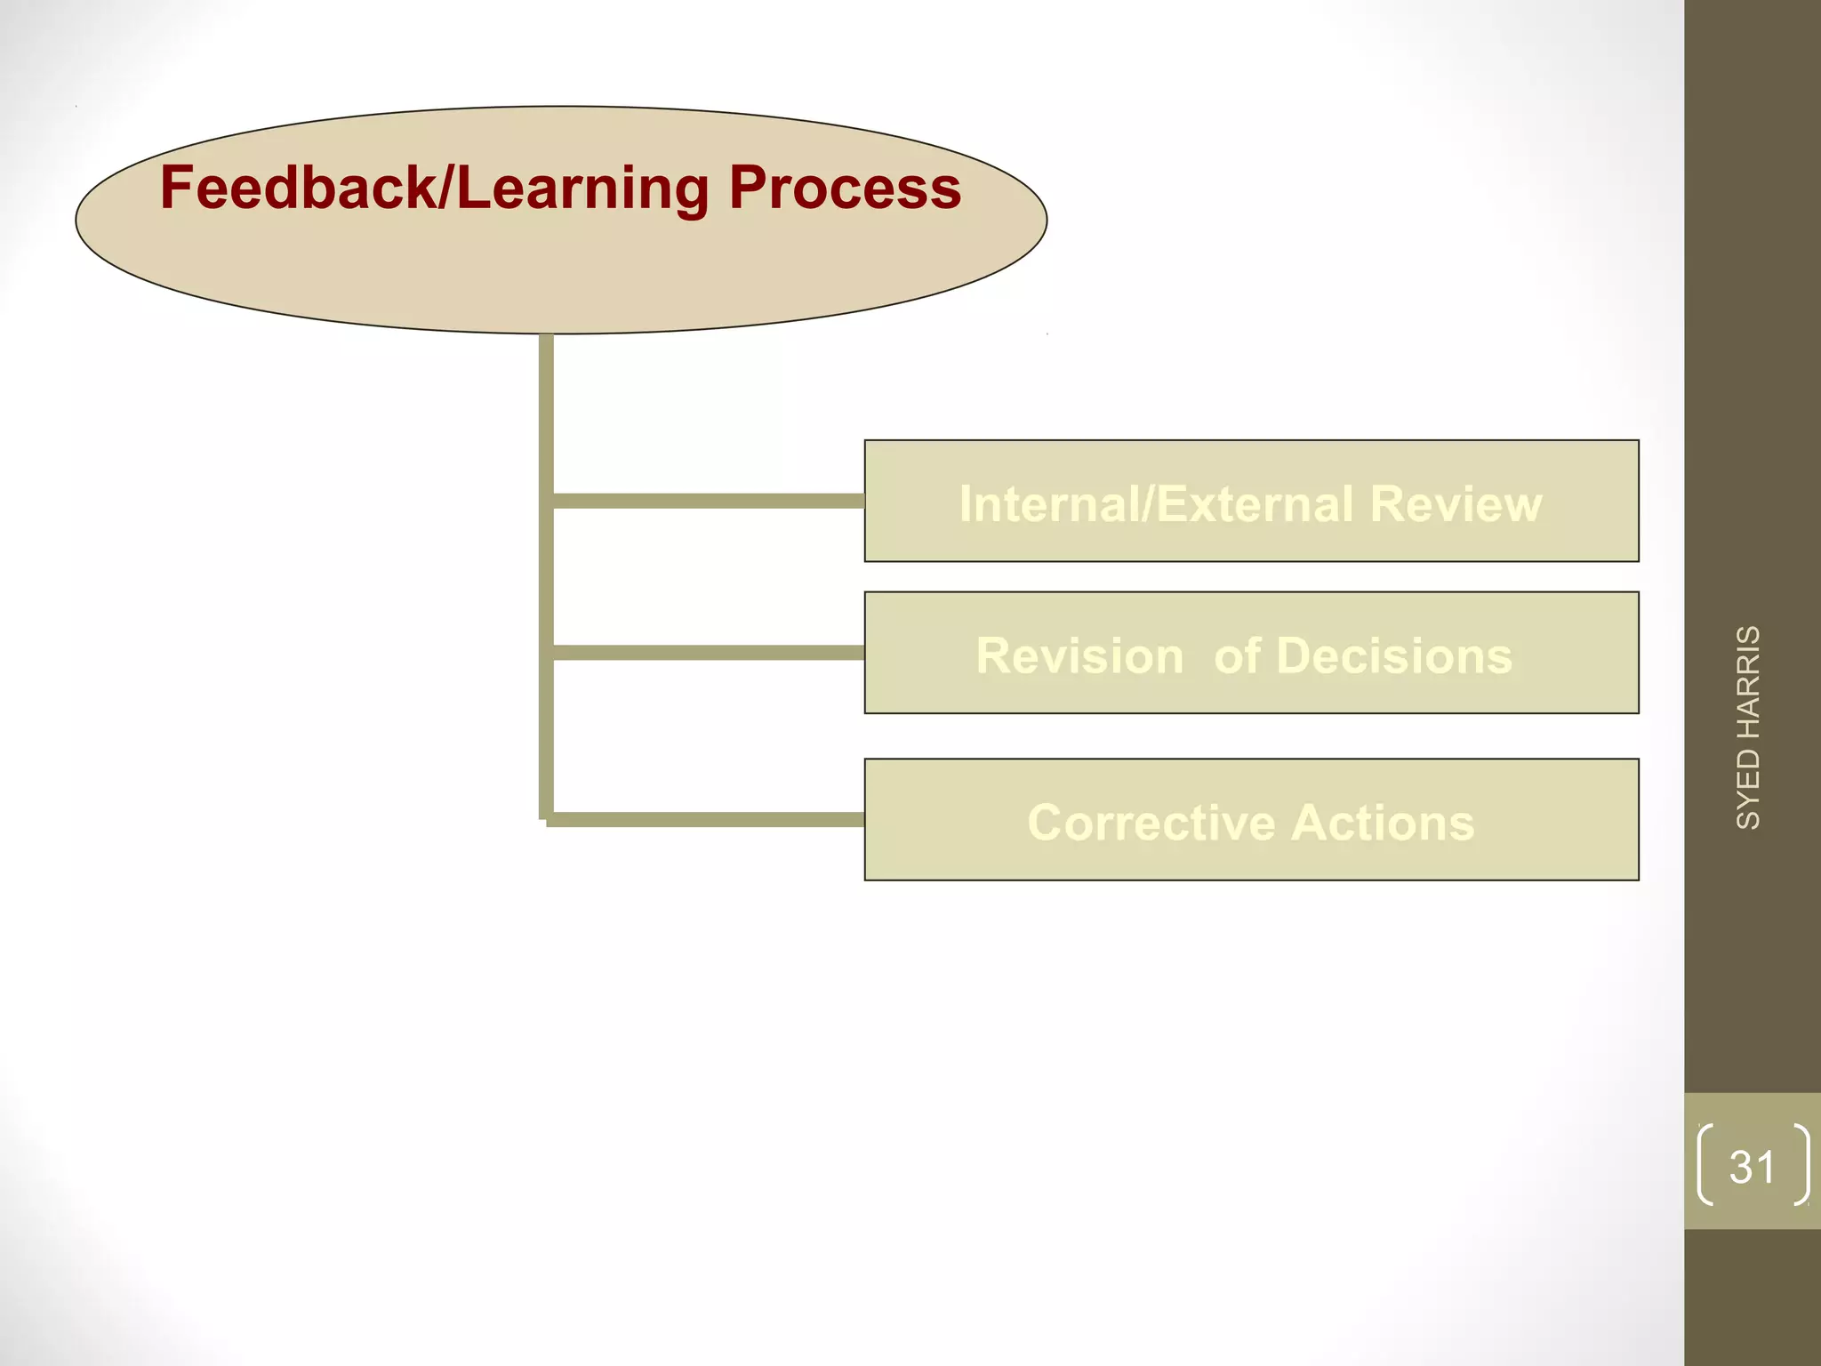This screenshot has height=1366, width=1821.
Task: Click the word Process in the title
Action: pyautogui.click(x=845, y=189)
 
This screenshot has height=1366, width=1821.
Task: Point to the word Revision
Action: pyautogui.click(x=1079, y=655)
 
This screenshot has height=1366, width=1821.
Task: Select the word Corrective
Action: pyautogui.click(x=1151, y=822)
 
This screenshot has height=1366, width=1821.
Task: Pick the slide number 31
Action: pyautogui.click(x=1752, y=1166)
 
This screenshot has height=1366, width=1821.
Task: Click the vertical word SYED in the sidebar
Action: pyautogui.click(x=1748, y=788)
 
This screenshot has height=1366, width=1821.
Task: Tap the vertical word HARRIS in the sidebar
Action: pyautogui.click(x=1748, y=681)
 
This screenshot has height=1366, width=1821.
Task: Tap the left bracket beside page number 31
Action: pyautogui.click(x=1705, y=1165)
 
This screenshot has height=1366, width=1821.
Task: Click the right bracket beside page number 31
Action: pyautogui.click(x=1801, y=1165)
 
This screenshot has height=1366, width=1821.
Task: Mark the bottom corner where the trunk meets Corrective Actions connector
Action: pyautogui.click(x=547, y=819)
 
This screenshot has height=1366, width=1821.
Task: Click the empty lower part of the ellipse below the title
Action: pyautogui.click(x=560, y=276)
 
